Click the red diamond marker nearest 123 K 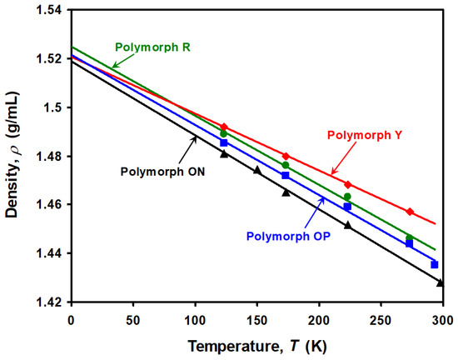pyautogui.click(x=223, y=127)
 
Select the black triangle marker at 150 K pyautogui.click(x=256, y=170)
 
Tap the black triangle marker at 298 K pyautogui.click(x=441, y=282)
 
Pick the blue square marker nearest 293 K pyautogui.click(x=434, y=264)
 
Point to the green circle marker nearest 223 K pyautogui.click(x=347, y=197)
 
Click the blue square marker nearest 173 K pyautogui.click(x=286, y=175)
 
